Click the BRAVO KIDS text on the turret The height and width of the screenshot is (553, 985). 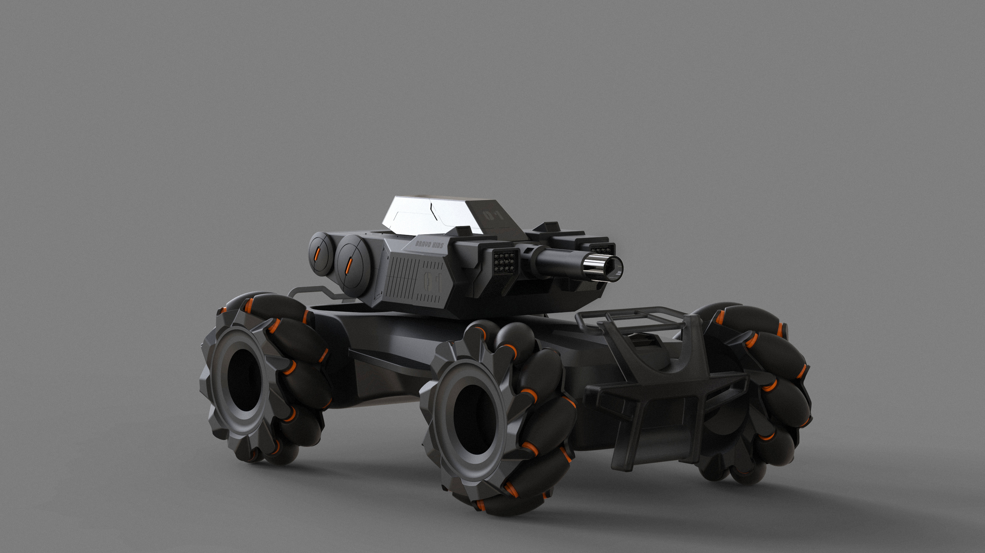(429, 244)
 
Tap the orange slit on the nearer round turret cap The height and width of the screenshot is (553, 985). (349, 266)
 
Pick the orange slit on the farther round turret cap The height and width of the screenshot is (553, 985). (317, 253)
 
